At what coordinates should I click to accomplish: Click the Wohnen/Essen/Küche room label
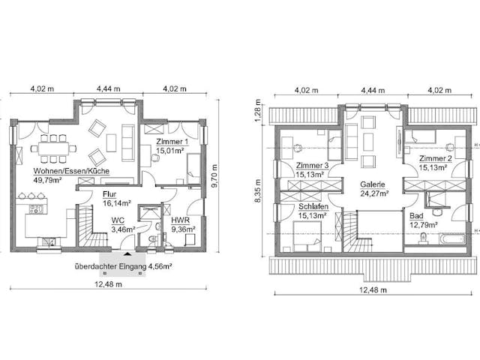click(x=71, y=171)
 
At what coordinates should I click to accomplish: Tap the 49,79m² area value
click(x=47, y=180)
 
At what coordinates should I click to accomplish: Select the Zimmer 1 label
click(x=172, y=142)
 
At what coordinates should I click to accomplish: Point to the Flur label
click(x=109, y=194)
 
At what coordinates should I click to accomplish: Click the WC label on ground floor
click(x=118, y=220)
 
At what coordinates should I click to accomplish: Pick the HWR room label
click(x=180, y=220)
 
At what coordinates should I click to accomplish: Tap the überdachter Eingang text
click(x=111, y=266)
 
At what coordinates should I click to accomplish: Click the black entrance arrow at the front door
click(x=127, y=253)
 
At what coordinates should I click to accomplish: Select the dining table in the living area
click(x=53, y=148)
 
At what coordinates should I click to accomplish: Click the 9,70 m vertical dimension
click(x=214, y=177)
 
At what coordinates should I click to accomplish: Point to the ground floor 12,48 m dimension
click(x=108, y=284)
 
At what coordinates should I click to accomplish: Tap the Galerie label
click(x=373, y=184)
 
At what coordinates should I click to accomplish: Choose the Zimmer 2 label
click(x=435, y=158)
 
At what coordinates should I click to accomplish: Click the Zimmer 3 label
click(x=312, y=166)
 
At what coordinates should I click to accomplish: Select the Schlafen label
click(x=313, y=206)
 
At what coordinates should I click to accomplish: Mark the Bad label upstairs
click(x=416, y=216)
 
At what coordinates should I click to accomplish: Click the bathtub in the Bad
click(x=452, y=238)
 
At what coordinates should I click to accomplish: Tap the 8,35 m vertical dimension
click(x=258, y=190)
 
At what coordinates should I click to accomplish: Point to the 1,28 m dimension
click(x=258, y=111)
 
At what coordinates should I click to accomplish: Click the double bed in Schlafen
click(x=307, y=236)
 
